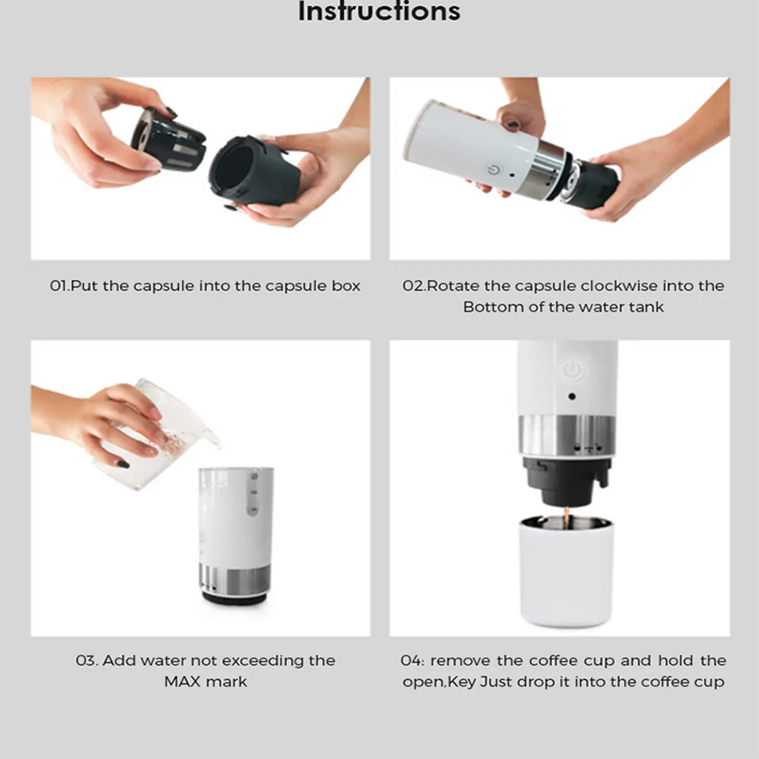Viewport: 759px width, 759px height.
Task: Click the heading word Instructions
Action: pyautogui.click(x=379, y=11)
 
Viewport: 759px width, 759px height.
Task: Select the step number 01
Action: pyautogui.click(x=59, y=286)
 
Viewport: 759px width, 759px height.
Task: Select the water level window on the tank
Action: pyautogui.click(x=252, y=495)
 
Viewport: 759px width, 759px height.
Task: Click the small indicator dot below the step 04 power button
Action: pyautogui.click(x=572, y=396)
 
